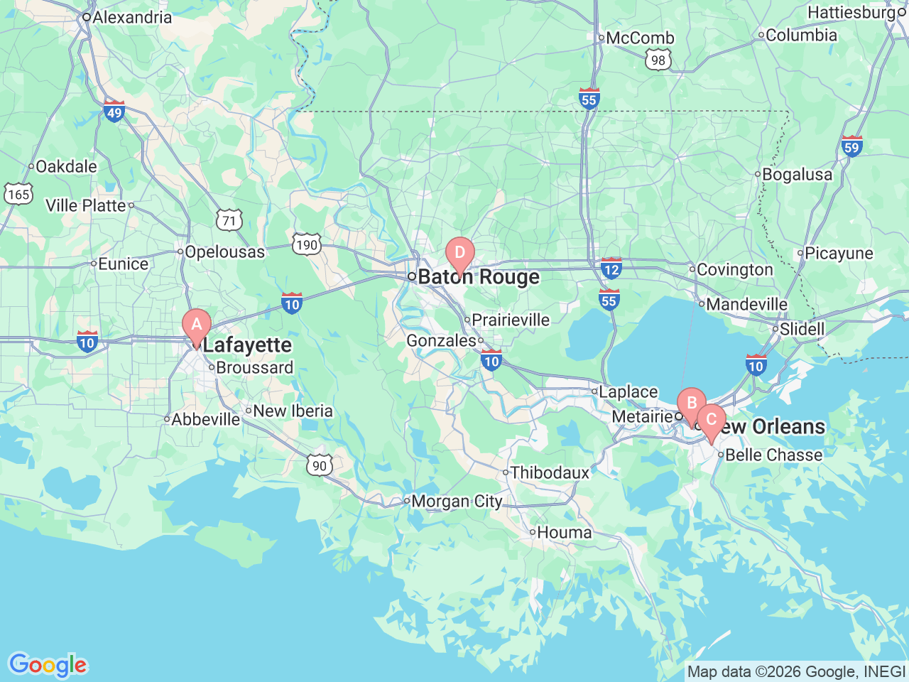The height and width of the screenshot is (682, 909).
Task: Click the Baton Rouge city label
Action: point(478,277)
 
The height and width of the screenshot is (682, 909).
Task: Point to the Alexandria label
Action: point(131,17)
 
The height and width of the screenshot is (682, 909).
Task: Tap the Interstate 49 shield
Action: point(114,111)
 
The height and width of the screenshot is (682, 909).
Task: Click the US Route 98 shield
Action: point(658,60)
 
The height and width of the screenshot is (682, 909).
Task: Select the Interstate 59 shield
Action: point(851,146)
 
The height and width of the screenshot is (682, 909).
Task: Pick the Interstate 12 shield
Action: point(611,268)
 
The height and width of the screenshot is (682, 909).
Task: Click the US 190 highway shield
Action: point(307,245)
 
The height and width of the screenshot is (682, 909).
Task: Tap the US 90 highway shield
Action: point(320,465)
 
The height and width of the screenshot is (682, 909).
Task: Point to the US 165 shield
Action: point(18,194)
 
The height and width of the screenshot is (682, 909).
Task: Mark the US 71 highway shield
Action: point(229,220)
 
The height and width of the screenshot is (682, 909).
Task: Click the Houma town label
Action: point(564,532)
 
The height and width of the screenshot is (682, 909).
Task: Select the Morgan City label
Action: point(456,502)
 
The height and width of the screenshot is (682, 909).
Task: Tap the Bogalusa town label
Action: point(797,174)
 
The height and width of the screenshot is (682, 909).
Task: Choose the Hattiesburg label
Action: point(851,12)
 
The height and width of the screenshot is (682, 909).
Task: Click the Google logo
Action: point(48,665)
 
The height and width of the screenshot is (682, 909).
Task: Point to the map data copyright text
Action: point(796,671)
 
